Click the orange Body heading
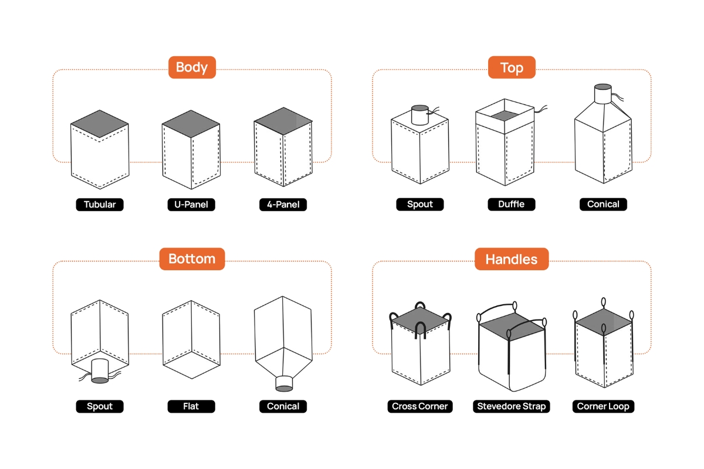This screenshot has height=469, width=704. pos(192,67)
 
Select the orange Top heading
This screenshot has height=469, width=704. pos(512,68)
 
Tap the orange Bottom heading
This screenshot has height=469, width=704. pos(192,259)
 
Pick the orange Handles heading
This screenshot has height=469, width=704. pos(512,259)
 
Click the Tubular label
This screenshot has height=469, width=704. pos(100,205)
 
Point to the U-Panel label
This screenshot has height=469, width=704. pos(191,205)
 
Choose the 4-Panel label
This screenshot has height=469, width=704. pos(283,205)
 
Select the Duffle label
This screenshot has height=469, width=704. pos(512,205)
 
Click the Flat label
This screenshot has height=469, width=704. pos(191,406)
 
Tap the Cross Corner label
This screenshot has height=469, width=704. pos(420,406)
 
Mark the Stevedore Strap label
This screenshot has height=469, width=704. pos(512,406)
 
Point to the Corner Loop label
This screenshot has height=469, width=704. pos(603,406)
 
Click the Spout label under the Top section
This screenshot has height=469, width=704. pos(420,205)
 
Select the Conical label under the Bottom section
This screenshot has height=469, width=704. pos(283,406)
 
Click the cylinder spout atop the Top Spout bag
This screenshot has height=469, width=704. pos(420,115)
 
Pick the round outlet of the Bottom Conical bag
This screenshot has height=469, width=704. pos(284,383)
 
